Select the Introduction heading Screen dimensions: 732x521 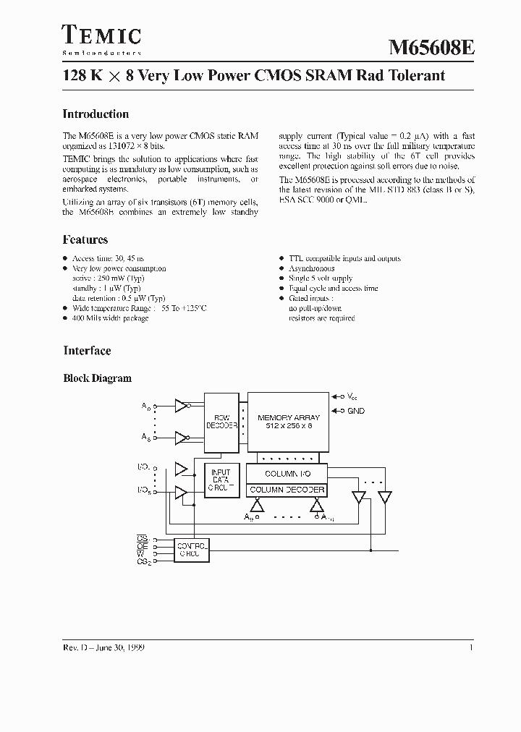click(96, 114)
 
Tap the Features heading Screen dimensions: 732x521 click(85, 240)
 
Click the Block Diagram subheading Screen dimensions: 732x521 click(98, 378)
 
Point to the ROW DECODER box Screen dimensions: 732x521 click(221, 422)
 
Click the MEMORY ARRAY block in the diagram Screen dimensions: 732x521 click(287, 422)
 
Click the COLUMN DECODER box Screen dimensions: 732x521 click(287, 490)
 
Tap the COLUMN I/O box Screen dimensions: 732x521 click(287, 474)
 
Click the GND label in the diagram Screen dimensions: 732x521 click(356, 411)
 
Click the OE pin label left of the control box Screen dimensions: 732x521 click(142, 547)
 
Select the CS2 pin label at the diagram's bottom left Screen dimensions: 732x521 click(143, 562)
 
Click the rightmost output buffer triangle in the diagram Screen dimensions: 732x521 click(384, 498)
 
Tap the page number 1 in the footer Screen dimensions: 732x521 click(471, 648)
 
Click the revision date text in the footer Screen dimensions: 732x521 click(103, 648)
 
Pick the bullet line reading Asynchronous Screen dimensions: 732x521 click(311, 268)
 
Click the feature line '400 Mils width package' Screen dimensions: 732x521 click(110, 318)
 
